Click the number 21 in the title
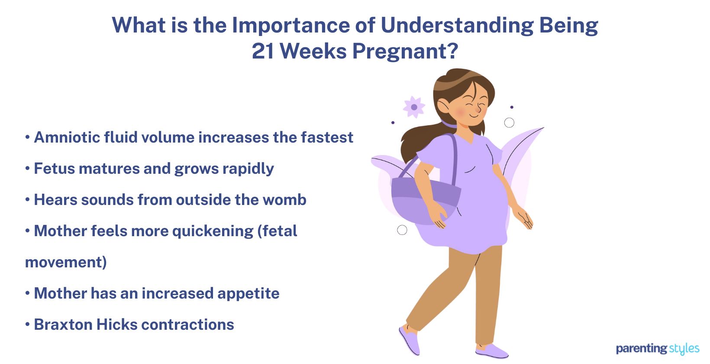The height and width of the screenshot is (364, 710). point(264,51)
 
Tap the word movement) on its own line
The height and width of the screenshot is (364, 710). point(66,262)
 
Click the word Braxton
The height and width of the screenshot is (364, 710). point(63,325)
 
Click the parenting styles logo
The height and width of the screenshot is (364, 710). point(657,348)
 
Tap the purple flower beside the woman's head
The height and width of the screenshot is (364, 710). point(414,107)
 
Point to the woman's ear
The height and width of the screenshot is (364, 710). point(444,106)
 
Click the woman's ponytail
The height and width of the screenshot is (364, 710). point(418,139)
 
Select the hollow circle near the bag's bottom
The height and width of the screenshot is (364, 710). point(402,230)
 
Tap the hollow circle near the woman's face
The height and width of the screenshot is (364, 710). point(509,123)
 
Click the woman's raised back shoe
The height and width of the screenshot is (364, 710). point(410,340)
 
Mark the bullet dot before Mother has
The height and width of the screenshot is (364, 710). point(27,293)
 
